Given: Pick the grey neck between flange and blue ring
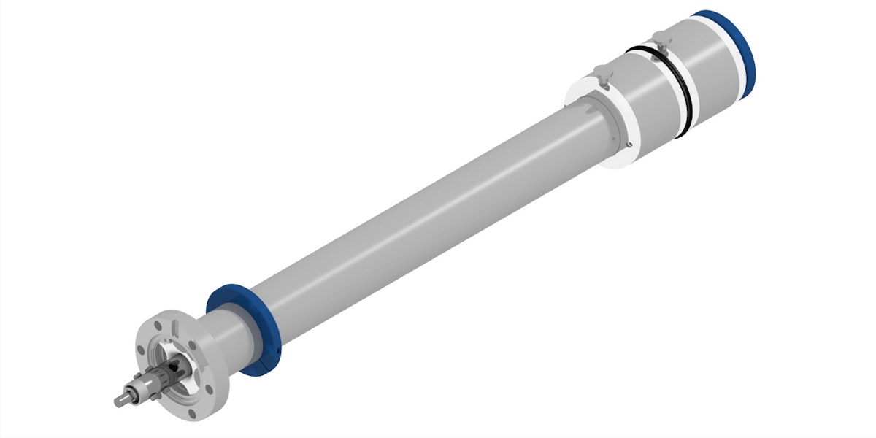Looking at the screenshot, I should click(226, 343).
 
